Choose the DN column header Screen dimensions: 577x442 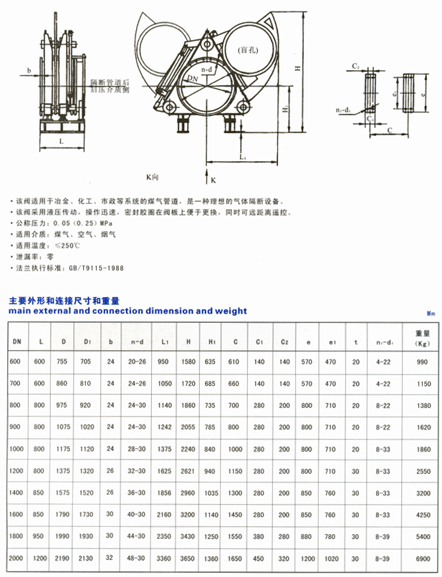(16, 342)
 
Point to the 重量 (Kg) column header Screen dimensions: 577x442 (422, 338)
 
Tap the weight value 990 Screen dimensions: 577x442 (422, 362)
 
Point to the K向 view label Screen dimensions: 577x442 (152, 175)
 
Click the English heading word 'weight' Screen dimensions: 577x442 (228, 311)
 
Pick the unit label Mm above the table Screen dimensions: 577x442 (431, 314)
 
